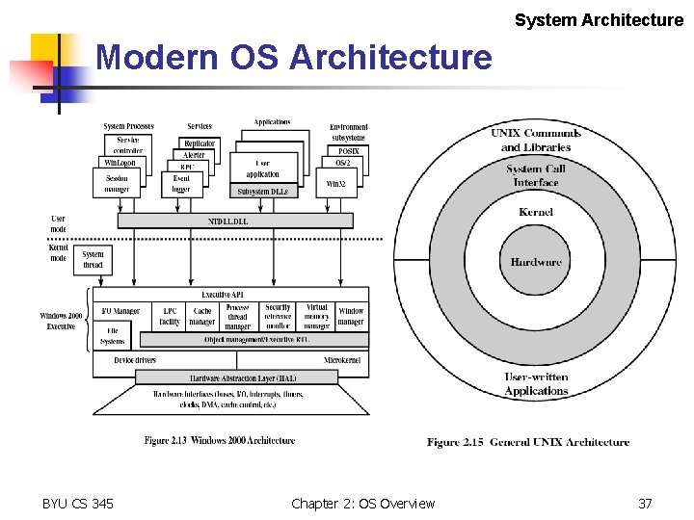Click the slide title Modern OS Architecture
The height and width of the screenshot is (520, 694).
pos(294,58)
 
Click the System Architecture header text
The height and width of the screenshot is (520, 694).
pos(599,19)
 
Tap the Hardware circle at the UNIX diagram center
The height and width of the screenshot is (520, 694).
pos(536,262)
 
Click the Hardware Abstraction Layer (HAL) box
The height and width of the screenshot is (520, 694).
pos(236,378)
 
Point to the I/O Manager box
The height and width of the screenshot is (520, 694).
pos(120,311)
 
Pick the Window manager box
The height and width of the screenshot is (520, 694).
pos(351,316)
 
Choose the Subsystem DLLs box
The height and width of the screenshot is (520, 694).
pos(262,192)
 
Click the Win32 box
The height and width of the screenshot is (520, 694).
pos(336,183)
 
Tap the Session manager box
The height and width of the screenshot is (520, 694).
pos(117,183)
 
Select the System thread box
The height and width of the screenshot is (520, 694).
pos(93,259)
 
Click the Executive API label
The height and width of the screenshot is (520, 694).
pos(222,294)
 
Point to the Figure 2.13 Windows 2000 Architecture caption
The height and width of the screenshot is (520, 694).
pos(220,441)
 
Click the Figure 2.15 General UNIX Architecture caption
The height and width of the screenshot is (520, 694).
pos(528,442)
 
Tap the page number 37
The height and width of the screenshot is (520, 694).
pos(646,504)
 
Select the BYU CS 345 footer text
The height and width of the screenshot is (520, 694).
pos(78,504)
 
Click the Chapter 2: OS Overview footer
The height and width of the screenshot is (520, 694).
pos(362,504)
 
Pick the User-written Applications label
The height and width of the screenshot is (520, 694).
pos(536,384)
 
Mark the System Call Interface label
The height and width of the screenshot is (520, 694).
pos(536,175)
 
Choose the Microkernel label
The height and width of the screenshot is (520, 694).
pos(342,360)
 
